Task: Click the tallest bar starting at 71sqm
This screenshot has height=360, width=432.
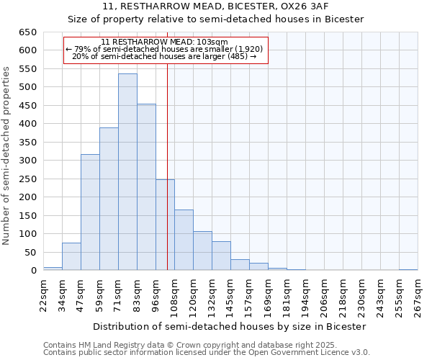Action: [x=127, y=173]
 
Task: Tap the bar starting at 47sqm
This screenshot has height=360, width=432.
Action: [x=90, y=212]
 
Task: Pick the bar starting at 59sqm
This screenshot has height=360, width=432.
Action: [x=109, y=199]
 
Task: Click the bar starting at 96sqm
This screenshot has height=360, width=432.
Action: [x=165, y=225]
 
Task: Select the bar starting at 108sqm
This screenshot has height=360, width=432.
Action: [x=184, y=240]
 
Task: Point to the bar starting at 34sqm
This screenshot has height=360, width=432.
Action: [x=71, y=257]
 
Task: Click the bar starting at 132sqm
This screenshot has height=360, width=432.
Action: [x=221, y=256]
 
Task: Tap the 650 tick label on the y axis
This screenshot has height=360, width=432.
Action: [x=27, y=32]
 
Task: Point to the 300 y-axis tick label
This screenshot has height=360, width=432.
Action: [x=27, y=161]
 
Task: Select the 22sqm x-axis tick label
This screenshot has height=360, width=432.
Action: [x=43, y=295]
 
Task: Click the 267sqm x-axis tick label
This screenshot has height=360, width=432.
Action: [x=418, y=295]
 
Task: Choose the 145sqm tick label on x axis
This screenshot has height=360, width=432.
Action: [x=230, y=295]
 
